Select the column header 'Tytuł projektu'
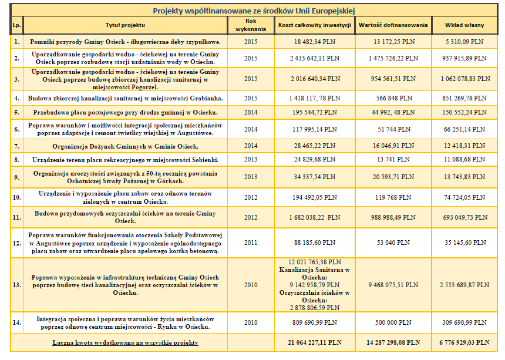(x=124, y=25)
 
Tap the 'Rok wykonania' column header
(x=251, y=25)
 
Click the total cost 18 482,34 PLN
(x=314, y=42)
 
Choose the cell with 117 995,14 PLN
(x=314, y=129)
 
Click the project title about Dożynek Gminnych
(x=124, y=145)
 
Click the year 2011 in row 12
(x=251, y=243)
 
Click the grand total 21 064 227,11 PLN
(x=314, y=342)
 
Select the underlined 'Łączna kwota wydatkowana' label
(x=124, y=342)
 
